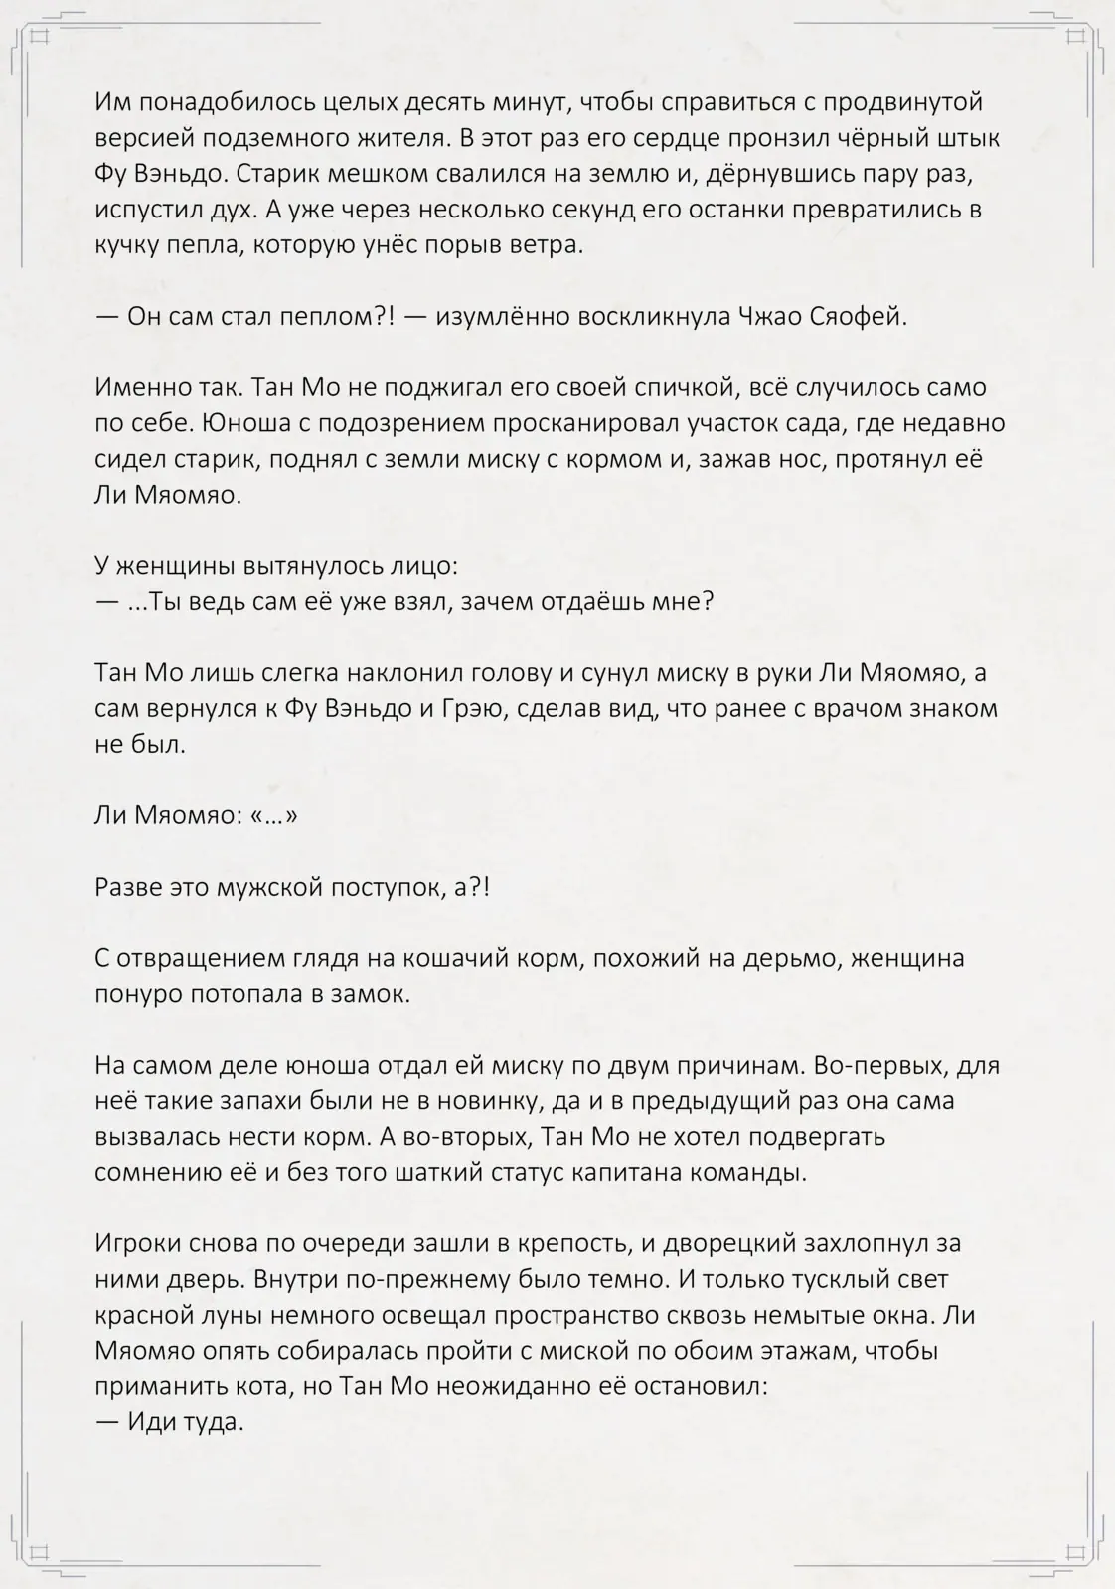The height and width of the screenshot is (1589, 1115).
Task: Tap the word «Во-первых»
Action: (x=875, y=1067)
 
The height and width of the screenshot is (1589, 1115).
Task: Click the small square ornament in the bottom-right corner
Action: (x=1076, y=1550)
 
